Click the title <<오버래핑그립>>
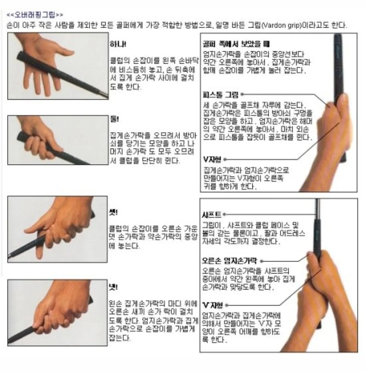tap(35, 15)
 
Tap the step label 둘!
tap(114, 119)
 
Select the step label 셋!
tap(113, 213)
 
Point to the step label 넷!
tap(113, 287)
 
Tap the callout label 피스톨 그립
tap(221, 95)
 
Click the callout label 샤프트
tap(212, 214)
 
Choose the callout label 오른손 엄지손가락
tap(229, 261)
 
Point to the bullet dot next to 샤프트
tap(224, 214)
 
